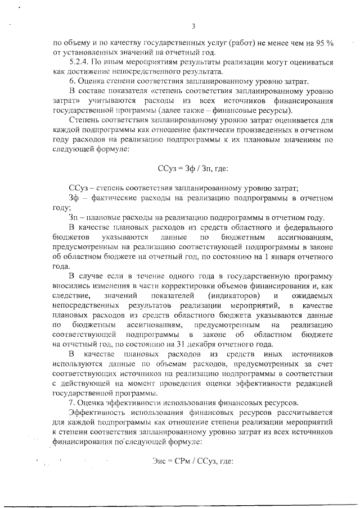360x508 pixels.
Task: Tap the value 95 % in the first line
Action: [325, 42]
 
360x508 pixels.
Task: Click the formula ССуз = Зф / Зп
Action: [193, 167]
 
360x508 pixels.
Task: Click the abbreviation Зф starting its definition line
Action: [74, 198]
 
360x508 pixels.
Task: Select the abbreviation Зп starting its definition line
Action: [74, 218]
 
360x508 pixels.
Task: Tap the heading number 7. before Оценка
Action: [71, 403]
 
